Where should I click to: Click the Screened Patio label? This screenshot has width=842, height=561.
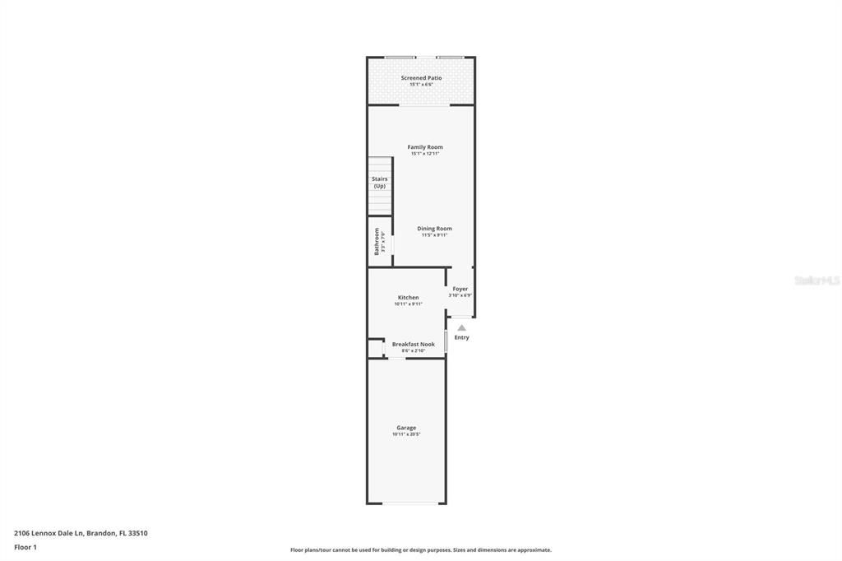click(421, 77)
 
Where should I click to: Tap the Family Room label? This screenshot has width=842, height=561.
click(424, 146)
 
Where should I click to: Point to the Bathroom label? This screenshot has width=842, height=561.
click(377, 241)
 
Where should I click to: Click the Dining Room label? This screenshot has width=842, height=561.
click(434, 228)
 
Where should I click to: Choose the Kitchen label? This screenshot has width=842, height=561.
click(408, 297)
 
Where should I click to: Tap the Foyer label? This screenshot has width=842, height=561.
click(460, 289)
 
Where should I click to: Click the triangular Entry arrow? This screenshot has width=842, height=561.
click(461, 327)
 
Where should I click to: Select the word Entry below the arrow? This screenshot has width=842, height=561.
click(461, 337)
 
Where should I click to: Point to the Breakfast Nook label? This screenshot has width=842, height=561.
click(413, 344)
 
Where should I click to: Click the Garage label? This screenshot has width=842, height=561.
click(406, 427)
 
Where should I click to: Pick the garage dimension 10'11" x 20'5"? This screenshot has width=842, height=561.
click(406, 434)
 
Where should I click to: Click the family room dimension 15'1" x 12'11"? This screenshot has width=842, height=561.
click(424, 154)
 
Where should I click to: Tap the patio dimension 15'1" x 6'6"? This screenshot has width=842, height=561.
click(421, 84)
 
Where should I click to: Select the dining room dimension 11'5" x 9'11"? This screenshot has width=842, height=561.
click(434, 235)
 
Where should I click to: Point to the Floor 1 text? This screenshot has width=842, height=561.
click(25, 547)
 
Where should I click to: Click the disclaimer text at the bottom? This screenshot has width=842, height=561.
click(420, 549)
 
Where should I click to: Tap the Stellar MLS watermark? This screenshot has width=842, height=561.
click(817, 280)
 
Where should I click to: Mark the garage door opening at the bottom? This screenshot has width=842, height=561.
click(406, 503)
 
